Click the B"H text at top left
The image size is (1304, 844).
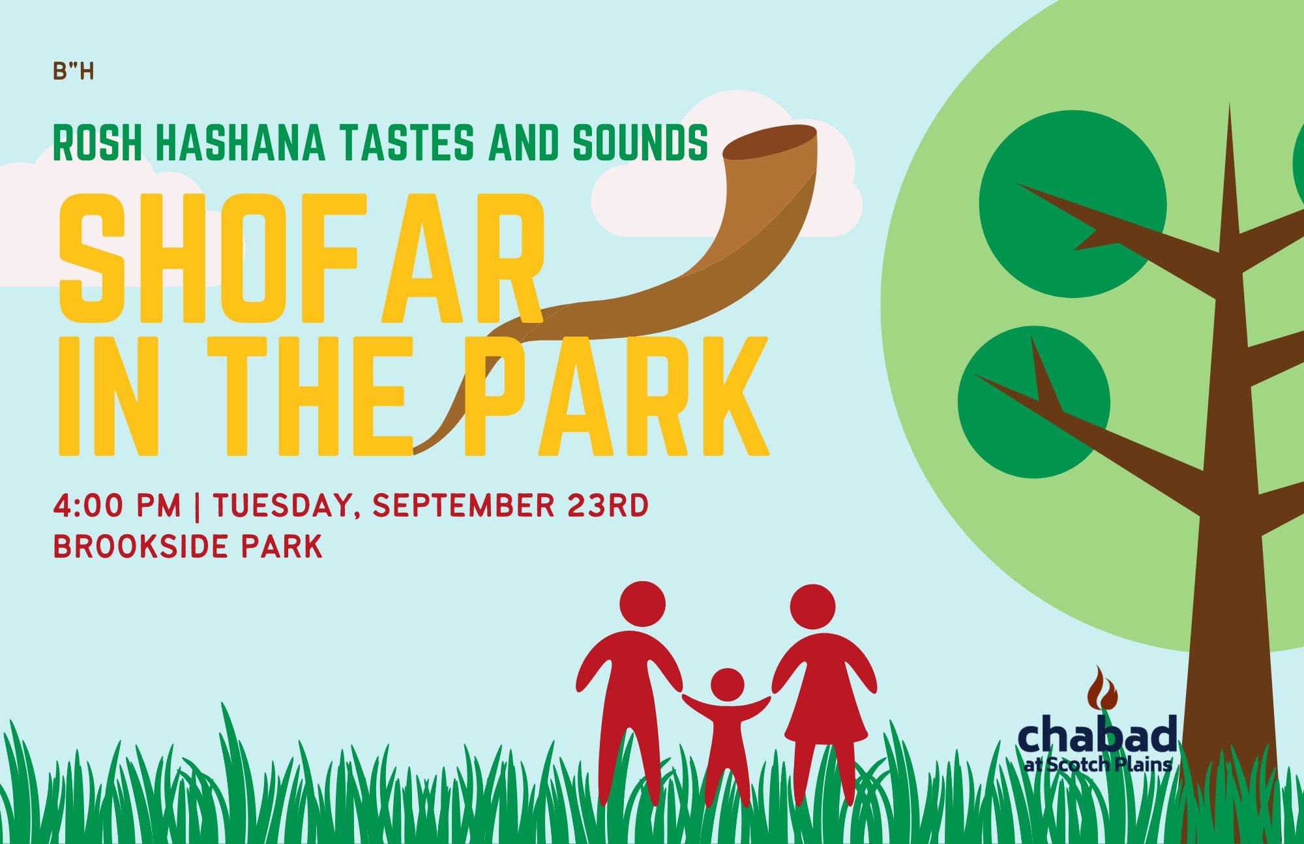point(74,71)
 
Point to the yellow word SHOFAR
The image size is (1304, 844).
point(301,258)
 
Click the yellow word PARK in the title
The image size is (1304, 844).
point(617,396)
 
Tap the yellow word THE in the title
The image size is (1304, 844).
point(310,396)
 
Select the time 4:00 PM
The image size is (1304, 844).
point(117,505)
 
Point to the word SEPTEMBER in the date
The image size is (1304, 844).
point(464,505)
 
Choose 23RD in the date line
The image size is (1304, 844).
point(608,505)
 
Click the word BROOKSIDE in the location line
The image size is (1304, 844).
point(141,547)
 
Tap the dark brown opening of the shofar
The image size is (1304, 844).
point(769,142)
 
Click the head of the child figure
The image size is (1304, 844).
point(728,685)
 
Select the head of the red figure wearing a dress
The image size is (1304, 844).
point(812,607)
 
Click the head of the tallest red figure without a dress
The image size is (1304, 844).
point(642,604)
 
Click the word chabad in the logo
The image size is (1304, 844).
point(1097,734)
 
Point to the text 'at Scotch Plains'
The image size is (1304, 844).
point(1098,764)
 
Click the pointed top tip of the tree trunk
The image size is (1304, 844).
point(1230,104)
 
